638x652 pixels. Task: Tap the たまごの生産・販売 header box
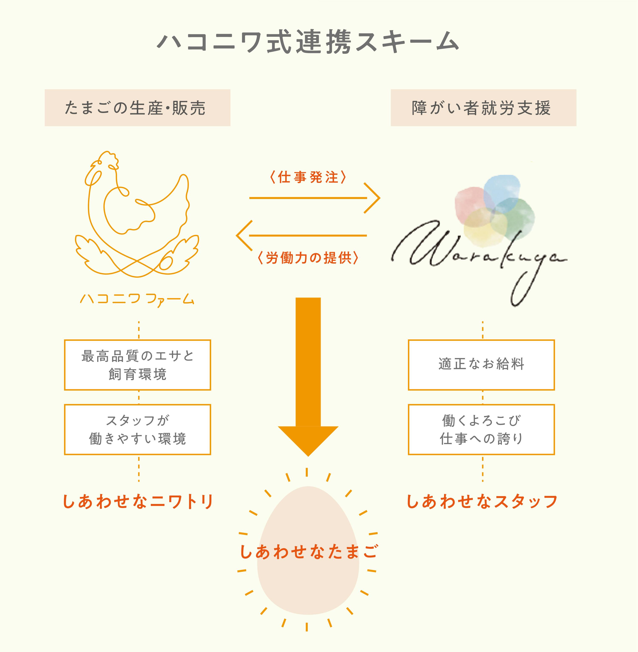click(x=137, y=108)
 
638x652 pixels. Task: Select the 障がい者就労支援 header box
click(x=483, y=108)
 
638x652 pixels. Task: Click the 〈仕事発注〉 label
click(x=308, y=177)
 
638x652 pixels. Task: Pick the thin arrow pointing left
click(x=302, y=235)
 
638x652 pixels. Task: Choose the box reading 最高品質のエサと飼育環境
click(x=137, y=365)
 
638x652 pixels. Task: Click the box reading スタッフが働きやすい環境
click(x=137, y=429)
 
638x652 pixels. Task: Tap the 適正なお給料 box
click(x=481, y=365)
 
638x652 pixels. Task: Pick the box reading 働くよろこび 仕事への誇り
click(x=481, y=429)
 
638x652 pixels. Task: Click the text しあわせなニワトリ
click(x=138, y=502)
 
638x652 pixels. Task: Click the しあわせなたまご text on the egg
click(x=309, y=552)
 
